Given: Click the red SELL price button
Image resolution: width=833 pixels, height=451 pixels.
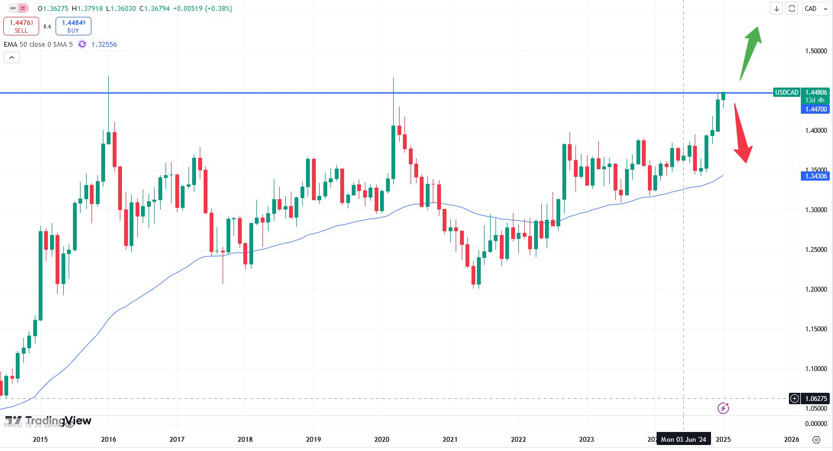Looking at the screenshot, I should coord(21,26).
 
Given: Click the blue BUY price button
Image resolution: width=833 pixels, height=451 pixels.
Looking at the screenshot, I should coord(73,26).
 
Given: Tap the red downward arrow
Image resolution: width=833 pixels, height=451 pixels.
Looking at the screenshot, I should coord(742,133).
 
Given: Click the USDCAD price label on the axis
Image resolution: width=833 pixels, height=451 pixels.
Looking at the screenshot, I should coord(786,92).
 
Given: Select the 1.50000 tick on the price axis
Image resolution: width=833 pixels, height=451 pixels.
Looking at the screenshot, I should coord(816,51).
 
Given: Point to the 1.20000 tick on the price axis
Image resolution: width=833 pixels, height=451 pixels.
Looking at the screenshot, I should coord(816,289).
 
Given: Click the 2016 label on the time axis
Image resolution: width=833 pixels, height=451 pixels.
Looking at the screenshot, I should coord(108,440).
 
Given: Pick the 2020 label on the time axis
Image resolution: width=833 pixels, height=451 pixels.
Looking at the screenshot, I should coord(382,440).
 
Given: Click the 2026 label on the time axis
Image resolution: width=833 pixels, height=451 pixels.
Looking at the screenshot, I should coord(791,440).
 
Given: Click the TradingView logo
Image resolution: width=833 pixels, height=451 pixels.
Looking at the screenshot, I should coord(48,421).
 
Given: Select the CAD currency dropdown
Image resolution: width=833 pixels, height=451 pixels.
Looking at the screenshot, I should coord(815,9).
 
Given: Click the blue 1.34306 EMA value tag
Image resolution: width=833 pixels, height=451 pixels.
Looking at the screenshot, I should coord(815,176).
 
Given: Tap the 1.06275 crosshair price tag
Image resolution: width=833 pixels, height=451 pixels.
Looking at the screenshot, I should coord(816,398).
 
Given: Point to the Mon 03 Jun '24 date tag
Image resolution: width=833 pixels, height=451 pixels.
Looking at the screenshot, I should coord(683,440).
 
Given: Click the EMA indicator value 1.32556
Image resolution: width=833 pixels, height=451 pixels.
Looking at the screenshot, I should coord(104,45).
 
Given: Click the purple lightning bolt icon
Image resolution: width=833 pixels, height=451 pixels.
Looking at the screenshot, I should coord(723,408).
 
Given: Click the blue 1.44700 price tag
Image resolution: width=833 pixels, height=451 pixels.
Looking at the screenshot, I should coord(816,109).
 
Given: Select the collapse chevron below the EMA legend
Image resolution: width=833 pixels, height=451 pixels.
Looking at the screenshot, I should coord(11,57).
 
